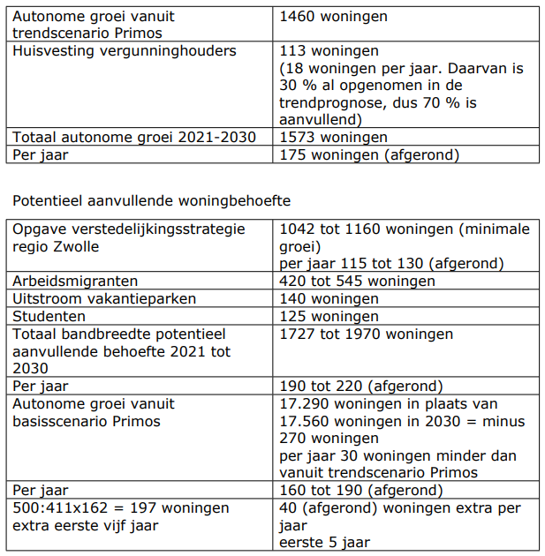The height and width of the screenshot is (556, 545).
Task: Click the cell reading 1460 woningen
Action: pos(333,17)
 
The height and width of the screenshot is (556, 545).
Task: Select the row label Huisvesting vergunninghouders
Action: pos(125,51)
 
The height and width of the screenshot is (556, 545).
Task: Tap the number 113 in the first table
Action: pos(292,51)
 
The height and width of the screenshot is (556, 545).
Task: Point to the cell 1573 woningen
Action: pos(333,137)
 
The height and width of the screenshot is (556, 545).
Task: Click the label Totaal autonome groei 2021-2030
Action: pos(133,137)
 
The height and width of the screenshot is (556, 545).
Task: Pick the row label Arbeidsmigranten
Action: pos(75,282)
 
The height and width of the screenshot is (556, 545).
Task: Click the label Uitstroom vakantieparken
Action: pos(104,298)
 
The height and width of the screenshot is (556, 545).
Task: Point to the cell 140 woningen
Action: pos(329,298)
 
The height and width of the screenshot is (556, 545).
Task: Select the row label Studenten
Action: pos(49,316)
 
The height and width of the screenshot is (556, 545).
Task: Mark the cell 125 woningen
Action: pos(329,316)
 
